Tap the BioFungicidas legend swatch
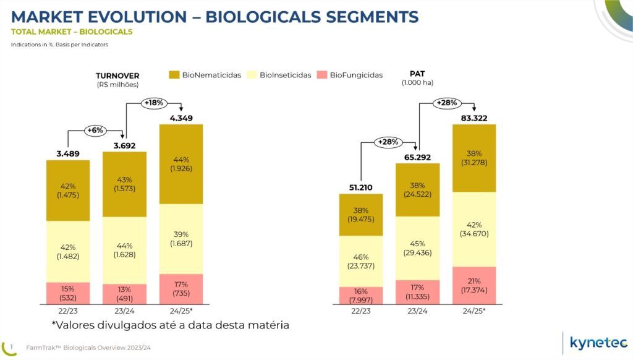click(x=321, y=75)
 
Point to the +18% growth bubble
click(x=153, y=101)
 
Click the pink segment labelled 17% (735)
click(x=181, y=289)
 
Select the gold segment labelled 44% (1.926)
click(x=181, y=164)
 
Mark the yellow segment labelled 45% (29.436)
click(x=417, y=248)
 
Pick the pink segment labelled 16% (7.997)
click(x=360, y=296)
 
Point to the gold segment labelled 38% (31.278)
click(x=474, y=158)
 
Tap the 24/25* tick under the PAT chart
click(x=474, y=311)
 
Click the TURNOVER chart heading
click(x=117, y=76)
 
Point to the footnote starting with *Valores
click(x=170, y=324)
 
